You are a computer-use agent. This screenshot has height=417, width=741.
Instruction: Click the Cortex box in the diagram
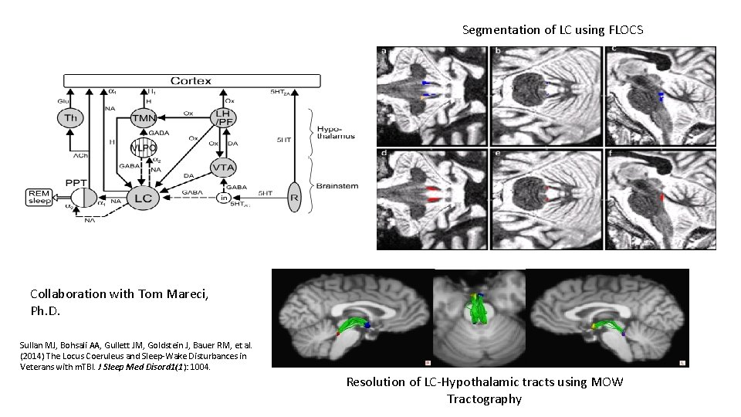[191, 81]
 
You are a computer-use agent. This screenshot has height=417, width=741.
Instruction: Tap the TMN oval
[144, 118]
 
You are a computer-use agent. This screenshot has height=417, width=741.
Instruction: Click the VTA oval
[225, 167]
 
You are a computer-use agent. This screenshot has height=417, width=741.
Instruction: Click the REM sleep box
[39, 197]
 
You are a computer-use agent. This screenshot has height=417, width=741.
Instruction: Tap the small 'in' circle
[224, 198]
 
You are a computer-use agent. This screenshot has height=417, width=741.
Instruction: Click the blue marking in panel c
[660, 97]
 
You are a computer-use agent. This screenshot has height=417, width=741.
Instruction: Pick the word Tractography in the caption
[484, 399]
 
